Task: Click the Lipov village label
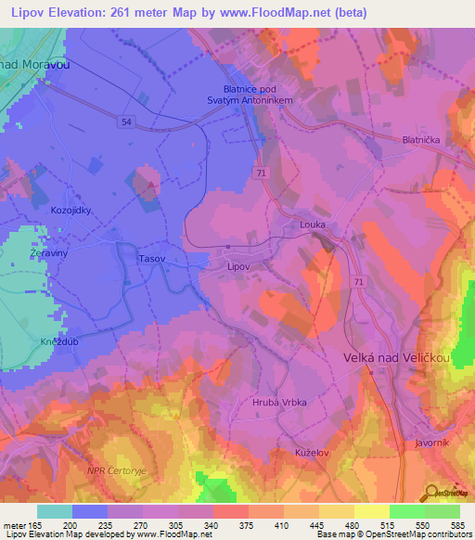[239, 265]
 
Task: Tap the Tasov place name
[151, 260]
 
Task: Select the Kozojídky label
[71, 211]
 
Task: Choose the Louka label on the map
[312, 225]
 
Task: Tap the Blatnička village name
[419, 139]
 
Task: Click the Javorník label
[432, 443]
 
